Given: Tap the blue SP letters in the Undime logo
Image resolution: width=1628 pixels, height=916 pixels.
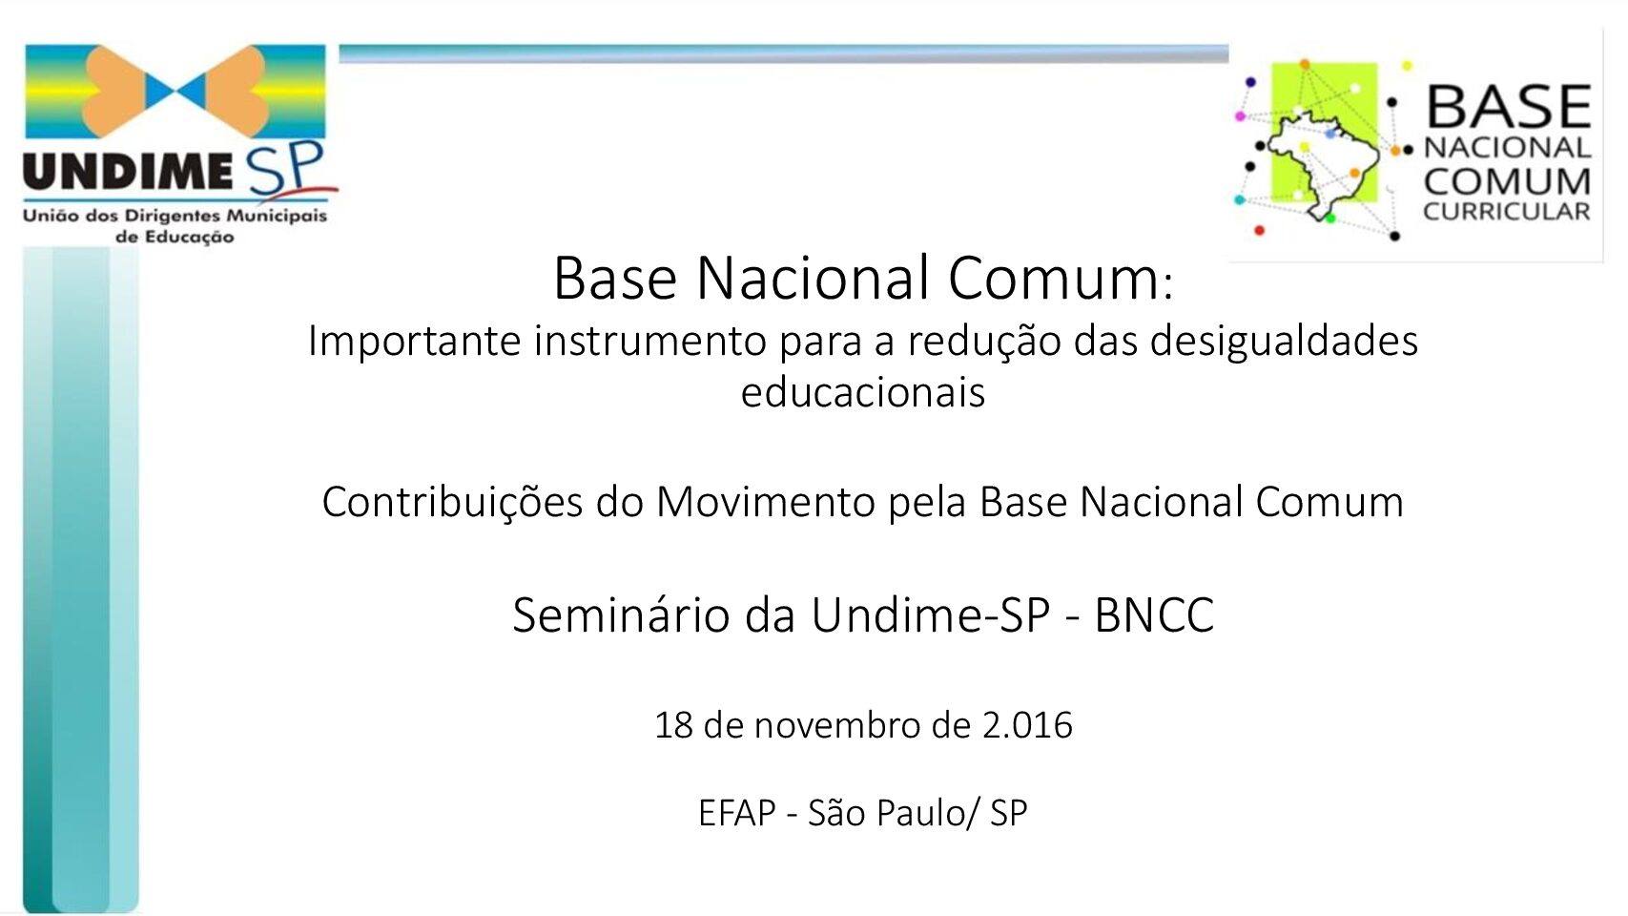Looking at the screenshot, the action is coord(285,169).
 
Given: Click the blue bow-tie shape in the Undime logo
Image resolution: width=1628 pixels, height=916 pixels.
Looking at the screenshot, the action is coord(175,91).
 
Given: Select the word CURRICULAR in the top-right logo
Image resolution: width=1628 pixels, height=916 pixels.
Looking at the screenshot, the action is coord(1507,212).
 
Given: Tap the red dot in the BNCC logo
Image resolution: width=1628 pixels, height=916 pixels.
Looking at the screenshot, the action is coord(1260,231).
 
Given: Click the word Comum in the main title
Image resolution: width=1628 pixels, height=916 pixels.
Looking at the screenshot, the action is coord(1054,278).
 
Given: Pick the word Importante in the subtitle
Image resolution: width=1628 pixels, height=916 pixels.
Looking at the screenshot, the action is coord(414,341).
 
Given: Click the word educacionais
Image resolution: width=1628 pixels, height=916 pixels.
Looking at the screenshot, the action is coord(863,392).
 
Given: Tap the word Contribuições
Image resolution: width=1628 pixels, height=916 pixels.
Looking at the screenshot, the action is coord(452,502).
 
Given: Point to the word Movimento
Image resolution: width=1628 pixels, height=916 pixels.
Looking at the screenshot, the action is coord(765,502).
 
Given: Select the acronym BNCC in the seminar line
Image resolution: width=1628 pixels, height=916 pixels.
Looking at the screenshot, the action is coord(1154,615).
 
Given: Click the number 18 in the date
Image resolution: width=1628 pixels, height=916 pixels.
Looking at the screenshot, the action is coord(673,725).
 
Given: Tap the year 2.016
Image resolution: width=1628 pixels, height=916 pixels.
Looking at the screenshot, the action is coord(1027,725).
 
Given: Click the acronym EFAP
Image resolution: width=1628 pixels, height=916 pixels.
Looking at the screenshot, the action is coord(737,813).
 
